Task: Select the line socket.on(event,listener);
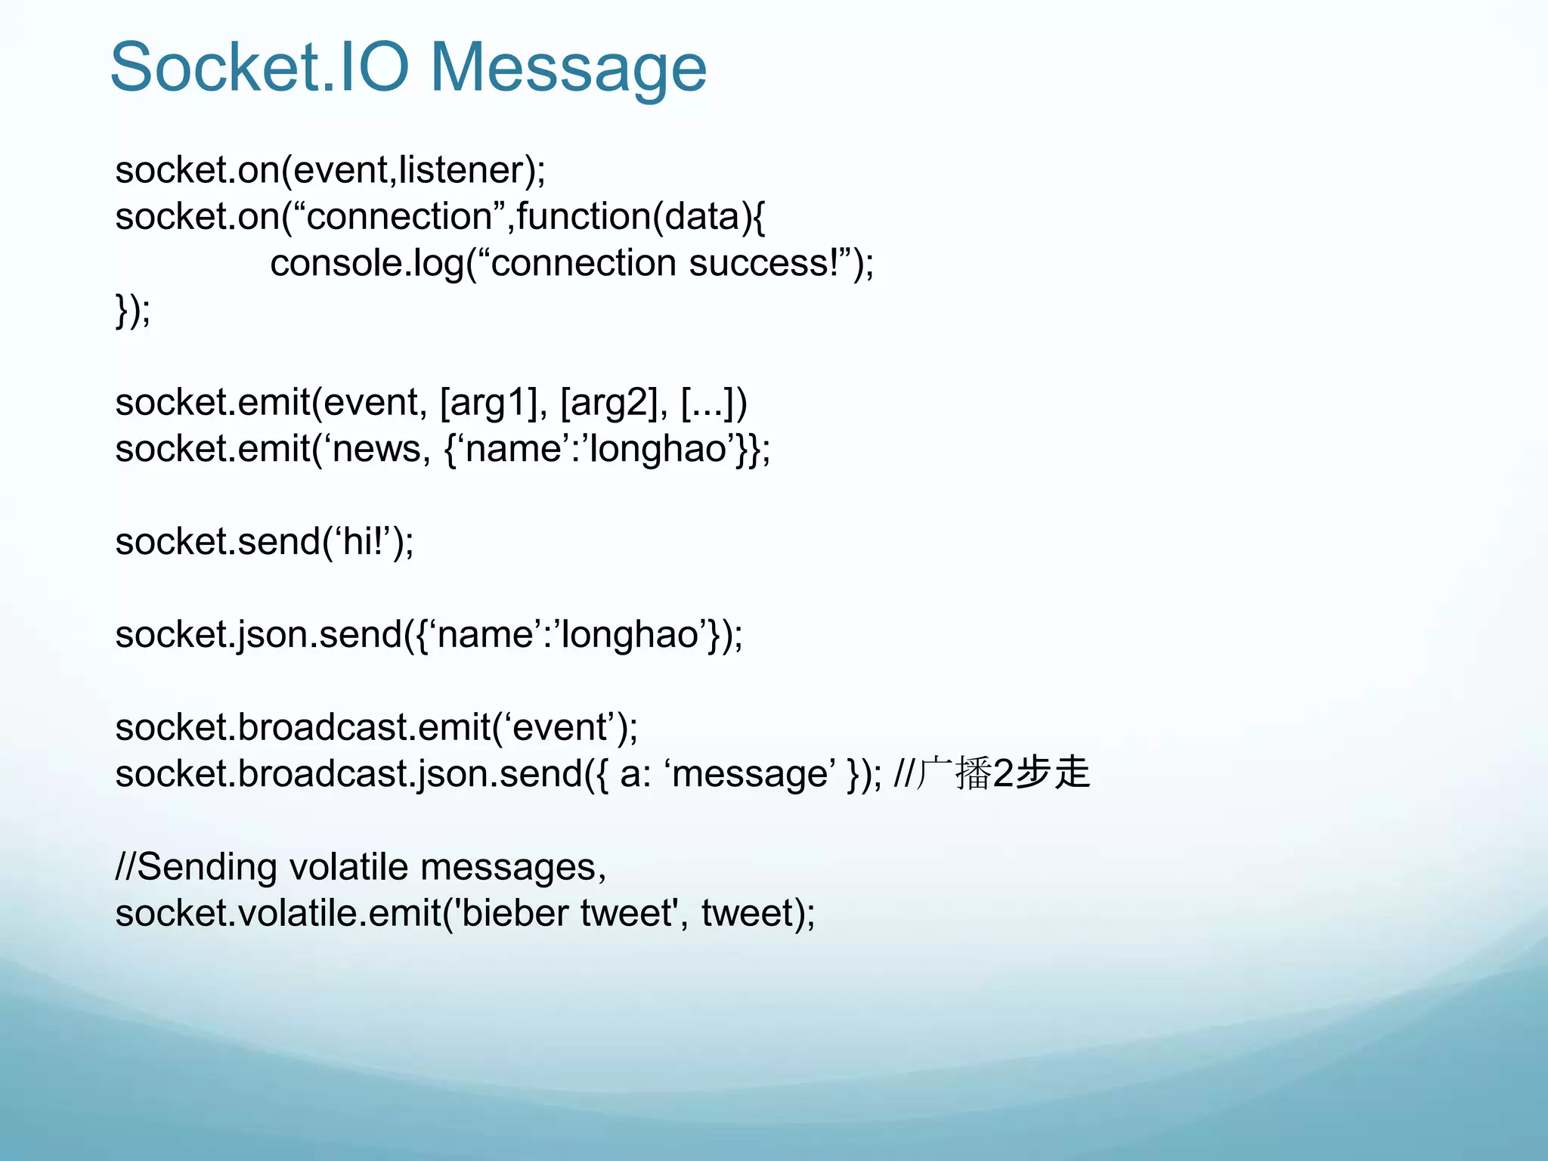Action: (x=330, y=170)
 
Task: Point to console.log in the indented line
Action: (x=367, y=264)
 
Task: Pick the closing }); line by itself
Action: (x=133, y=310)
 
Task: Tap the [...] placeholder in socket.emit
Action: (x=714, y=403)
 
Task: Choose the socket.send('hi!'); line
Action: (x=265, y=542)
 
